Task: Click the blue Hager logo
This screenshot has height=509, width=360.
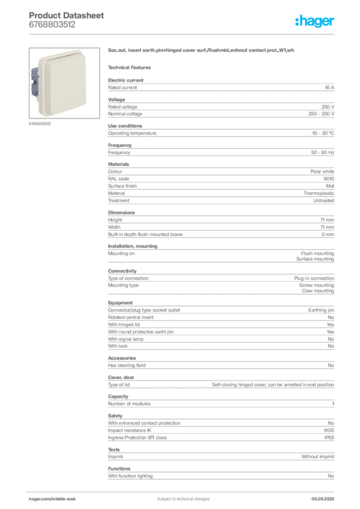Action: pyautogui.click(x=316, y=22)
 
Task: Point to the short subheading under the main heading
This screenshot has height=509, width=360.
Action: pyautogui.click(x=131, y=66)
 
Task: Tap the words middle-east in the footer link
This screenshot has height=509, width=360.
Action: pyautogui.click(x=65, y=499)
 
